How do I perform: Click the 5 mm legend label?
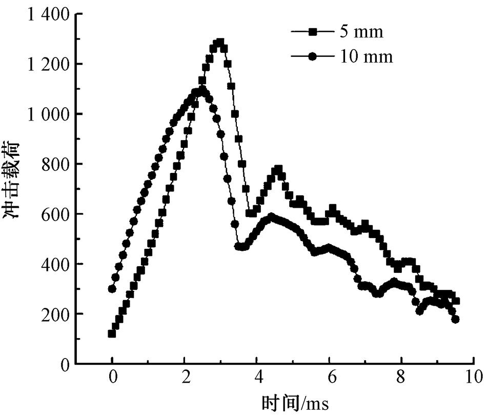point(361,32)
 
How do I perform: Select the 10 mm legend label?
point(366,56)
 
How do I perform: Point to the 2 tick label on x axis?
point(185,379)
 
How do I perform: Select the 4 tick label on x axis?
point(257,379)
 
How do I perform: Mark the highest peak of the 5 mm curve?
point(220,43)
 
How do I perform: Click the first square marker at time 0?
point(112,334)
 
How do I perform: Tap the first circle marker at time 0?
point(112,289)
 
